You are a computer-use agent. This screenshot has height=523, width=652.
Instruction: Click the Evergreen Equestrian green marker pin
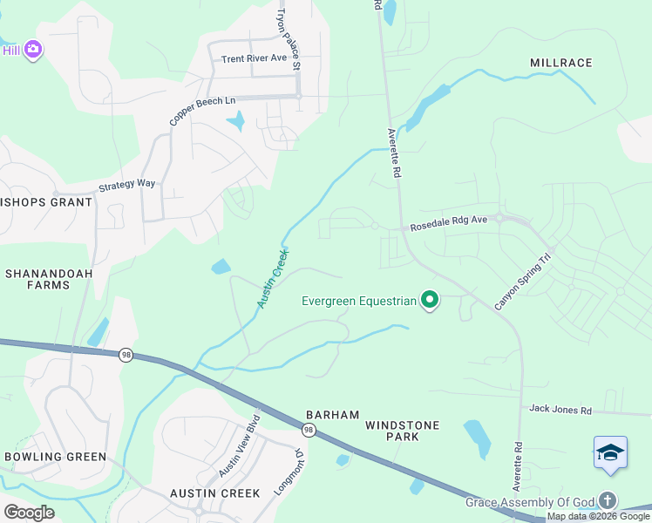429,301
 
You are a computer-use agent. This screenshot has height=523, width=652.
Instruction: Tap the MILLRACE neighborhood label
560,63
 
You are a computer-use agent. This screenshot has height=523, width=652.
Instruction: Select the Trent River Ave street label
254,58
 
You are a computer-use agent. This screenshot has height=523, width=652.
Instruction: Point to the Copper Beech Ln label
202,112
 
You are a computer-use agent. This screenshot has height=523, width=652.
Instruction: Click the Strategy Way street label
126,185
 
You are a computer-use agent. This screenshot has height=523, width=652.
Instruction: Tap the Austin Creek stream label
274,279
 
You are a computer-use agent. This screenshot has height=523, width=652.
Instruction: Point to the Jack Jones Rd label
560,410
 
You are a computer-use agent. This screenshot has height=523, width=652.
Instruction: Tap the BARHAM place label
332,415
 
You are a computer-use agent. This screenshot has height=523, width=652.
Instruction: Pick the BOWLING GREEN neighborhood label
55,457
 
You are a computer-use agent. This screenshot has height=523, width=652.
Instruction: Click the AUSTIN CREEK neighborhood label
215,493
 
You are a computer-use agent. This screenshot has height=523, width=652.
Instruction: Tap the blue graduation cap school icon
610,453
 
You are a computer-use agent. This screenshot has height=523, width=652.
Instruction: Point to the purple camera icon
33,50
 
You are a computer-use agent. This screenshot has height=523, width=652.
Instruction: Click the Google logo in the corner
29,512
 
